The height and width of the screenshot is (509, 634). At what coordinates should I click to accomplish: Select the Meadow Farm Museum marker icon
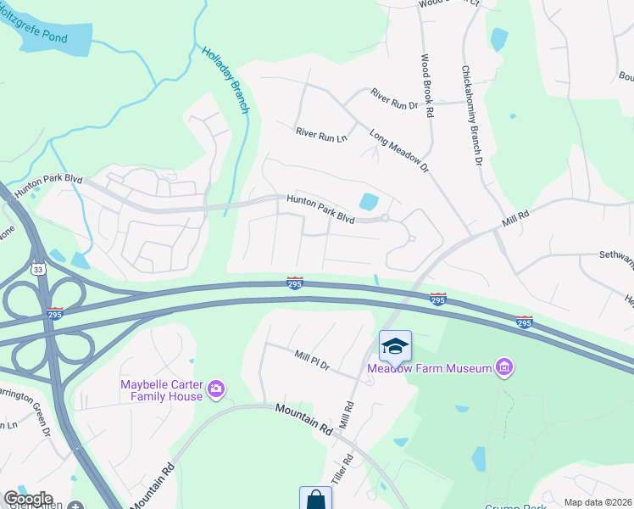click(x=504, y=367)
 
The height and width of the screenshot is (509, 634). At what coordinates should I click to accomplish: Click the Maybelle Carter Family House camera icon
click(x=216, y=389)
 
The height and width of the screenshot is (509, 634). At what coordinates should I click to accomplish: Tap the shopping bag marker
click(x=315, y=499)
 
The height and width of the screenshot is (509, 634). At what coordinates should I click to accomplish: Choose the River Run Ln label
click(x=321, y=135)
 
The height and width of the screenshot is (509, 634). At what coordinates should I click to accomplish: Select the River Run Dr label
click(x=394, y=99)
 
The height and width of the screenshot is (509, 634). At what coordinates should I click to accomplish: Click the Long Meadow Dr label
click(x=399, y=151)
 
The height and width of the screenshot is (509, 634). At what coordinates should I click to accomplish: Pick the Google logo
click(x=28, y=499)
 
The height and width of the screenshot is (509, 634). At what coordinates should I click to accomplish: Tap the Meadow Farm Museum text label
click(x=430, y=368)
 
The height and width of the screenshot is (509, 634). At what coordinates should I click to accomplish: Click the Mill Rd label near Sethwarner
click(x=514, y=217)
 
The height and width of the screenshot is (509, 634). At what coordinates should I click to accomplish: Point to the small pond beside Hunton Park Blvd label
click(x=369, y=202)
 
